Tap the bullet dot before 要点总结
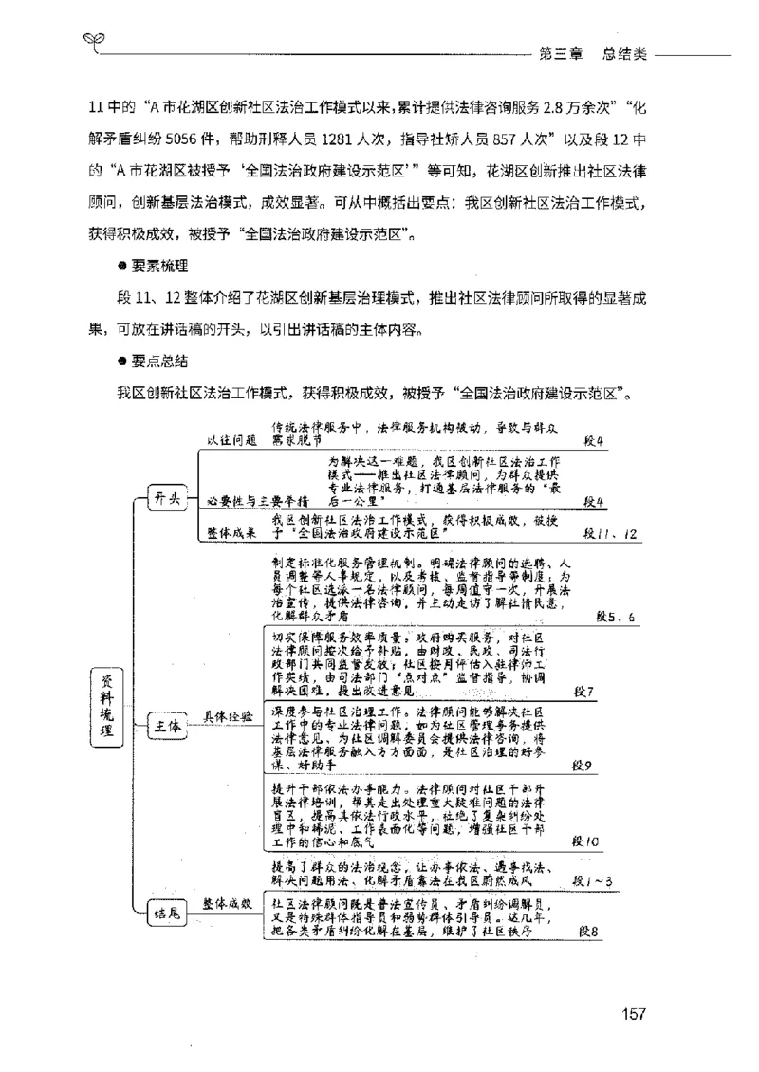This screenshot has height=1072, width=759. [x=122, y=361]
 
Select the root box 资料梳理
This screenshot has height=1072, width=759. [x=105, y=704]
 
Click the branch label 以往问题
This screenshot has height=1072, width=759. [x=231, y=441]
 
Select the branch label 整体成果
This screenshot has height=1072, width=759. [x=231, y=533]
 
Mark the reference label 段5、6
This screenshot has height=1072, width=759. [x=615, y=618]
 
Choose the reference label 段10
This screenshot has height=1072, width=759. [x=586, y=841]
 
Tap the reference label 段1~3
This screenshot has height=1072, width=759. [x=592, y=880]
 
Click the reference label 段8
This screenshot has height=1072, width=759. [x=588, y=931]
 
